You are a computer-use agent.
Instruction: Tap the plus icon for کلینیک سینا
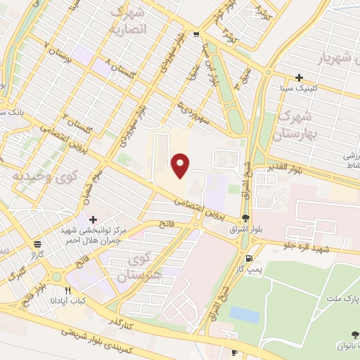coord(300,77)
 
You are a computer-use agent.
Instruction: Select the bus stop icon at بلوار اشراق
coord(245,218)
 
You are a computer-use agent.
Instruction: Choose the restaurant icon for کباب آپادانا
coord(68,290)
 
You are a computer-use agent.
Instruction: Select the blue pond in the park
coord(244,315)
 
